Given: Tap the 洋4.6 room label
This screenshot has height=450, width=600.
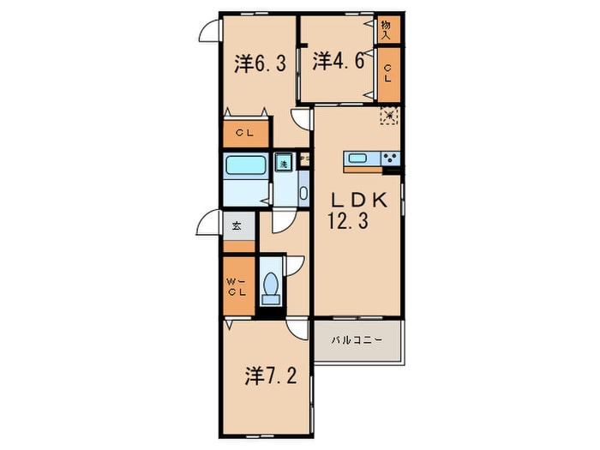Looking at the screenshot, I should (x=334, y=60).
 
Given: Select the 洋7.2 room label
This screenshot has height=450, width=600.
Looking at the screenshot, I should (x=272, y=375).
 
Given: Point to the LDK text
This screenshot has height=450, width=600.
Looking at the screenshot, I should (x=361, y=199).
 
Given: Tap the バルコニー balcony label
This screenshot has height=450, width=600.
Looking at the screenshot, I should (x=357, y=340).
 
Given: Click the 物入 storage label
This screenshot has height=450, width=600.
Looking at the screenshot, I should (x=387, y=31).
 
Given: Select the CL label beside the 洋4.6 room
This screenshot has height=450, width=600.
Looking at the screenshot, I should (x=387, y=74).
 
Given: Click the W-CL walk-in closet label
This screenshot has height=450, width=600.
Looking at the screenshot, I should (x=237, y=287).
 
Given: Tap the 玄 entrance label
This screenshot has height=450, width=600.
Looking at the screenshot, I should (x=237, y=227).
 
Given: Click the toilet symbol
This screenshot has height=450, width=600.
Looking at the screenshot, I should (x=271, y=287).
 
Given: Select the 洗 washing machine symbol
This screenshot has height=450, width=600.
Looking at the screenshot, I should (x=283, y=162).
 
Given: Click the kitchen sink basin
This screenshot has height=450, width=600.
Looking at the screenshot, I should (x=357, y=159).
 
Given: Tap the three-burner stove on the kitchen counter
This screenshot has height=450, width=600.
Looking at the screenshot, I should (x=390, y=159).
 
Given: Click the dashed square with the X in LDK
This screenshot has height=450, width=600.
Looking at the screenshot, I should (x=390, y=114).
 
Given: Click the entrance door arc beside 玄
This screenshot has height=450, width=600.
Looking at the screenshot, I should (x=207, y=225).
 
